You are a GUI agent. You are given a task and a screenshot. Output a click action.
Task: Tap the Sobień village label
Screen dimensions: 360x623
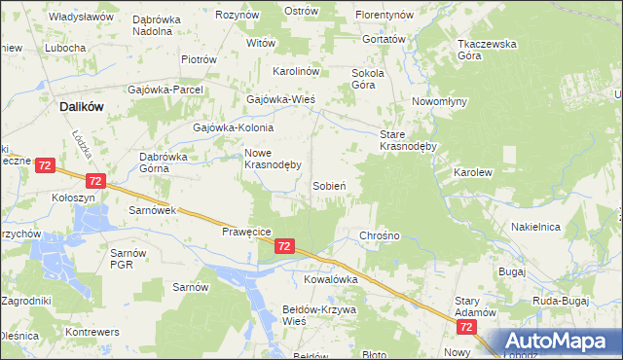(x=331, y=185)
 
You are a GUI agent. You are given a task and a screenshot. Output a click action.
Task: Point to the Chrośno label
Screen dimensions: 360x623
(x=381, y=235)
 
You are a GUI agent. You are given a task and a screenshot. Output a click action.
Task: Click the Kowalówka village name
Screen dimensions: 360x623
(x=331, y=278)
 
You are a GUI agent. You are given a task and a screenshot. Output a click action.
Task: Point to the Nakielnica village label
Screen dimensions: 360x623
(x=535, y=227)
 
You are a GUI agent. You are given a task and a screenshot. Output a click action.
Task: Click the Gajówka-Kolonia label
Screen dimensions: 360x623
(x=234, y=127)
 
